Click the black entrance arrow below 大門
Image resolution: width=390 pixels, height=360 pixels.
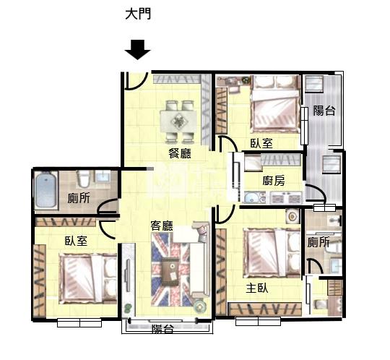tap(137, 50)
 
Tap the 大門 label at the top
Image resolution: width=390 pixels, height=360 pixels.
tap(138, 14)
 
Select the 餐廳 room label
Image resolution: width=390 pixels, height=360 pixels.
tap(180, 153)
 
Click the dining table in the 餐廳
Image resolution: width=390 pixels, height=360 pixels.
tap(178, 122)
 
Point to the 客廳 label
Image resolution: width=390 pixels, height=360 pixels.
tap(162, 226)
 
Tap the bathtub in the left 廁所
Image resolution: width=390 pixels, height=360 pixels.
tap(45, 190)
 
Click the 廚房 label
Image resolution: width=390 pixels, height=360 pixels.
tap(274, 181)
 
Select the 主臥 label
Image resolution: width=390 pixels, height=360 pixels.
tap(257, 288)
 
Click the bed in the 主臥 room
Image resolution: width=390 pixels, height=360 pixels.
tap(272, 253)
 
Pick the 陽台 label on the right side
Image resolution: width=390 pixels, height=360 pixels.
tap(324, 111)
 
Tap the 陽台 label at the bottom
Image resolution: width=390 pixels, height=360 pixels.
tap(162, 329)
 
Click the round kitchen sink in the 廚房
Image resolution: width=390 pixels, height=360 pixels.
tap(251, 198)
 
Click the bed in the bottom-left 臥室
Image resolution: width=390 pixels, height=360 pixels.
tap(88, 278)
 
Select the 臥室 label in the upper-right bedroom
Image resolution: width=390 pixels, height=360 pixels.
tap(261, 143)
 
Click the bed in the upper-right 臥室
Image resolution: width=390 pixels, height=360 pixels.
tap(276, 104)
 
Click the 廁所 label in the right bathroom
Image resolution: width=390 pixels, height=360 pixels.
tap(318, 242)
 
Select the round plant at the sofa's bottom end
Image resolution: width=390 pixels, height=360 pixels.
tap(200, 307)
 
